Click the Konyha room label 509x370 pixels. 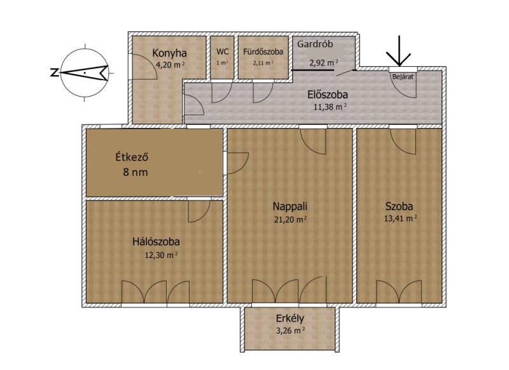click(x=169, y=53)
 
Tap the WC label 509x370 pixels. click(x=222, y=52)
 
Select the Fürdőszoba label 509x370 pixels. click(x=263, y=52)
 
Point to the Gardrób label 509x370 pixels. click(x=315, y=44)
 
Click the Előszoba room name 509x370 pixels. click(x=328, y=94)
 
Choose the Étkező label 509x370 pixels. click(x=132, y=157)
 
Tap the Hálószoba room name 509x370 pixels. click(x=156, y=242)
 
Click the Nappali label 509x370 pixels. click(x=290, y=206)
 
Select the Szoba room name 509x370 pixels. click(x=399, y=206)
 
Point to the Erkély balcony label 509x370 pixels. click(x=290, y=318)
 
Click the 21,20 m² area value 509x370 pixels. click(x=290, y=220)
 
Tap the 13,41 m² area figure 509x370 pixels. click(x=400, y=218)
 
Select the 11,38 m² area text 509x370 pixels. click(x=330, y=106)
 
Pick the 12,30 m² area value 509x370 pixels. click(x=161, y=255)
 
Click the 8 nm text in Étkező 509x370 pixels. click(x=136, y=172)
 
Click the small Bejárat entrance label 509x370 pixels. click(x=403, y=77)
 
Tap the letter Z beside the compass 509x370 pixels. click(x=54, y=72)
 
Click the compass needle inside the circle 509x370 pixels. click(x=84, y=73)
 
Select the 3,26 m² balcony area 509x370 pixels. click(x=290, y=331)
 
